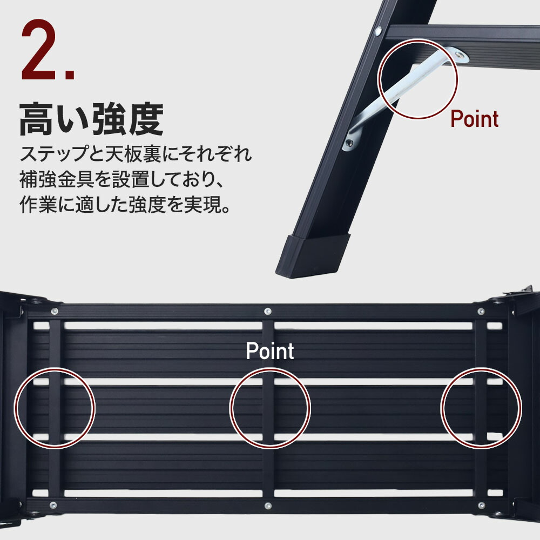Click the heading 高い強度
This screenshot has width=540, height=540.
coord(91,119)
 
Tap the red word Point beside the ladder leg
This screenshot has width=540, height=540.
coord(475,119)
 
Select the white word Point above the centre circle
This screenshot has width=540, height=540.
coord(269,351)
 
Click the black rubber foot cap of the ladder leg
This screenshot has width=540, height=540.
coord(312,255)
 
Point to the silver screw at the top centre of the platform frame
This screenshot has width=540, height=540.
coord(268,312)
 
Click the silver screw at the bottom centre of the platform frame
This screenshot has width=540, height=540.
coord(268,506)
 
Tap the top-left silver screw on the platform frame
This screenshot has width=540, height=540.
coord(54,312)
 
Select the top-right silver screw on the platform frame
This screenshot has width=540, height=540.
coord(481,312)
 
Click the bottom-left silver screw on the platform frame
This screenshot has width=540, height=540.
coord(53,505)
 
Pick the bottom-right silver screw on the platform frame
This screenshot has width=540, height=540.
coord(482,505)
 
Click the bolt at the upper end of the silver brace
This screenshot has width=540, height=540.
coord(458,55)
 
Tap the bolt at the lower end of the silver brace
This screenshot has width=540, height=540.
coord(349,143)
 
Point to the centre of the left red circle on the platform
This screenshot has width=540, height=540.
coord(55,408)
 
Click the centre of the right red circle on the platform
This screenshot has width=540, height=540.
coord(481,408)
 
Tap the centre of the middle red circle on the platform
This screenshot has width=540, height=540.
coord(269,408)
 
